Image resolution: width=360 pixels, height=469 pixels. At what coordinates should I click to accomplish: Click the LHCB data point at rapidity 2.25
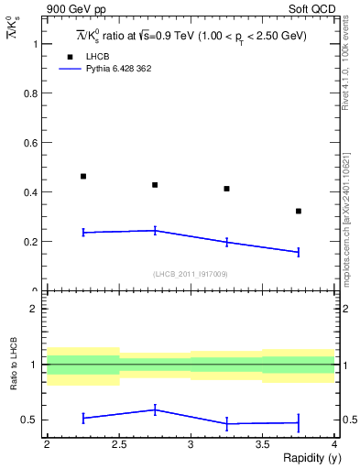pyautogui.click(x=83, y=176)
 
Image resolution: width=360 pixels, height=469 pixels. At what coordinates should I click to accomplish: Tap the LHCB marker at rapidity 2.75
pyautogui.click(x=155, y=185)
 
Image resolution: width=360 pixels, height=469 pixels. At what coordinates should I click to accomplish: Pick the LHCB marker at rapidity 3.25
pyautogui.click(x=226, y=189)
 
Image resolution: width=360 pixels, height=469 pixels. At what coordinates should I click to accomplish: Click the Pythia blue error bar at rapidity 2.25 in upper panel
pyautogui.click(x=83, y=233)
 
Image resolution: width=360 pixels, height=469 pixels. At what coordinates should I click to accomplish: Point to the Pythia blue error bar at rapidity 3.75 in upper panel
pyautogui.click(x=299, y=252)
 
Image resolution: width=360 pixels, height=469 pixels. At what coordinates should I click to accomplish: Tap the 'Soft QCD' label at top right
pyautogui.click(x=312, y=10)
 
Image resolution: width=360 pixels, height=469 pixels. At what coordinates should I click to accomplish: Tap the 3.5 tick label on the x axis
pyautogui.click(x=262, y=444)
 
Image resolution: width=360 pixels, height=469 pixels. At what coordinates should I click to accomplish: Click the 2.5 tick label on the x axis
pyautogui.click(x=118, y=444)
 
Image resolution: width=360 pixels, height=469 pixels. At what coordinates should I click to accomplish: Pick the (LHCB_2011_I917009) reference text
pyautogui.click(x=191, y=274)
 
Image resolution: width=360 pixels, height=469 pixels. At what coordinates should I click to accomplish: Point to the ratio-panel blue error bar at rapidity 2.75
pyautogui.click(x=155, y=409)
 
